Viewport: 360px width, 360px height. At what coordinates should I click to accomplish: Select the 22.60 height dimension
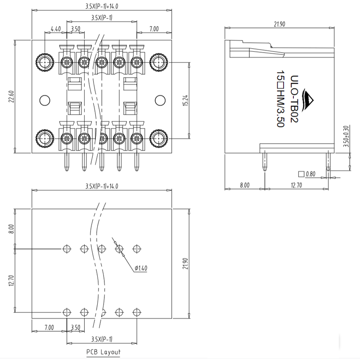(x=11, y=96)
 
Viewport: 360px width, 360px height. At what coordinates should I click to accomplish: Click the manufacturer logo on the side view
(x=309, y=100)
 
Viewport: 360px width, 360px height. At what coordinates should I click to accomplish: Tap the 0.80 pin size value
(x=310, y=174)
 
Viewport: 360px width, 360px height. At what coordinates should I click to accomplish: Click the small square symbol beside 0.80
(x=301, y=174)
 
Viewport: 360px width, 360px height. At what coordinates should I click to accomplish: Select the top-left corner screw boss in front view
(x=45, y=61)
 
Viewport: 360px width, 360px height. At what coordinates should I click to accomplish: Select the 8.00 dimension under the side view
(x=244, y=184)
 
